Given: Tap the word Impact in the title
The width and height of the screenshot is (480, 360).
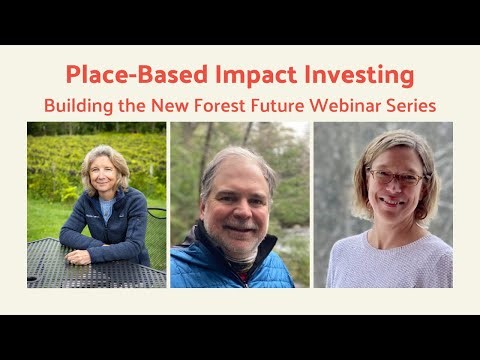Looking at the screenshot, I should click(239, 74).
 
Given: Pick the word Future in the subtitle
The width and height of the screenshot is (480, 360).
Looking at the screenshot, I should click(288, 104).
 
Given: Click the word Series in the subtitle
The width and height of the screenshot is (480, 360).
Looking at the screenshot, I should click(417, 104).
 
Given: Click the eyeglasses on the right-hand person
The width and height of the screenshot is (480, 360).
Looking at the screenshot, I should click(396, 177).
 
